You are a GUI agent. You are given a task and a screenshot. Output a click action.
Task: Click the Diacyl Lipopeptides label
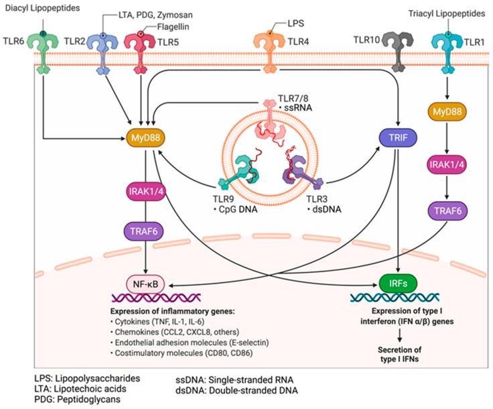tap(38, 7)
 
